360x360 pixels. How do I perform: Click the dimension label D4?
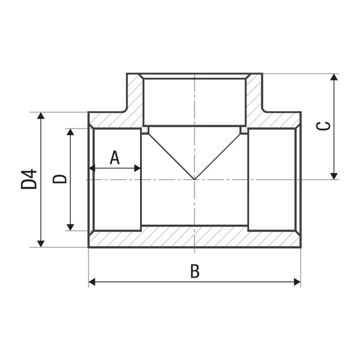29,179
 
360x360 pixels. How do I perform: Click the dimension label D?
59,179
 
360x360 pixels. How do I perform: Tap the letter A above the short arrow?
114,158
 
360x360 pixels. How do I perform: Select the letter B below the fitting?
195,271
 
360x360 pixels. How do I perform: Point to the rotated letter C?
323,126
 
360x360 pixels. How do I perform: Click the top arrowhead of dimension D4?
41,115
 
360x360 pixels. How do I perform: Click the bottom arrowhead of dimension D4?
41,244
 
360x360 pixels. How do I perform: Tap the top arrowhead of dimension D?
70,132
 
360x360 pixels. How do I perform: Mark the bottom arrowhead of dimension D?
70,227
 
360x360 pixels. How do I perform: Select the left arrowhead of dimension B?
92,282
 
